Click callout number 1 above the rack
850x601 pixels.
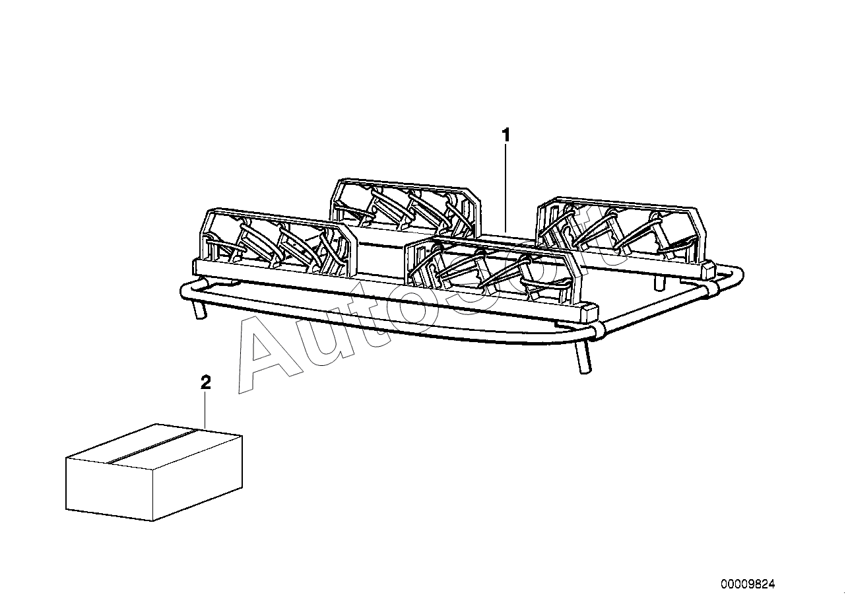coord(506,135)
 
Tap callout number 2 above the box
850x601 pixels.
coord(205,382)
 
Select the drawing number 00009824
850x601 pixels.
coord(748,584)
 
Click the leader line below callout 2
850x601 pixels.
coord(205,409)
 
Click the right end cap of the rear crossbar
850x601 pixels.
coord(707,269)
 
